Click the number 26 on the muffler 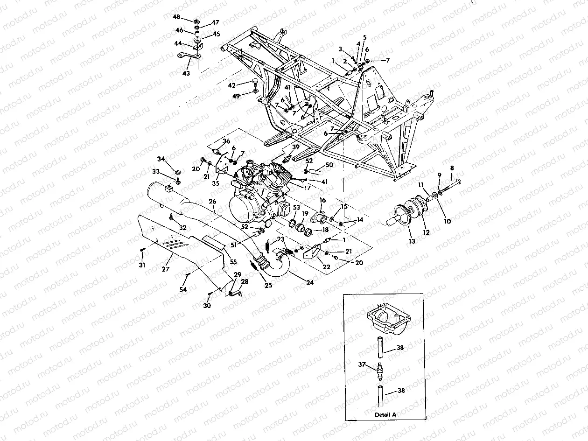pyautogui.click(x=212, y=201)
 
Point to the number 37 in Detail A pyautogui.click(x=361, y=365)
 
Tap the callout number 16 pyautogui.click(x=322, y=200)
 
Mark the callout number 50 pyautogui.click(x=329, y=165)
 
